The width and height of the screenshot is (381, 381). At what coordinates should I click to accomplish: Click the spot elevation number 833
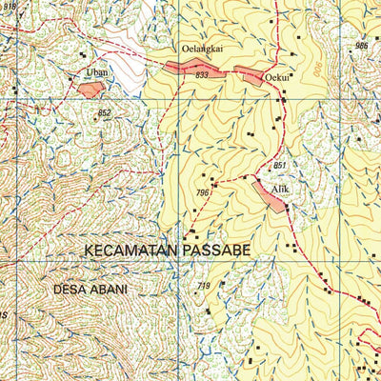tap(201, 74)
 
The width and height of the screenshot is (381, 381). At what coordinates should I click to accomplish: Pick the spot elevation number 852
tap(104, 112)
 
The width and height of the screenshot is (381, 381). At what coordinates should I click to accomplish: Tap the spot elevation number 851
tap(279, 167)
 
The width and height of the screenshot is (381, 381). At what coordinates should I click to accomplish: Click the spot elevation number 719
tap(203, 287)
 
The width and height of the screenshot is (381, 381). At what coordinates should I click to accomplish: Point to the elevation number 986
tap(361, 46)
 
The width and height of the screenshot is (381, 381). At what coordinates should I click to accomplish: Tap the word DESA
tap(70, 289)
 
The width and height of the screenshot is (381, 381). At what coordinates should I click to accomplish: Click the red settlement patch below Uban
tap(90, 89)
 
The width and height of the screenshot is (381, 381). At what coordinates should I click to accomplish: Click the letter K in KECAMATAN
tap(89, 250)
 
